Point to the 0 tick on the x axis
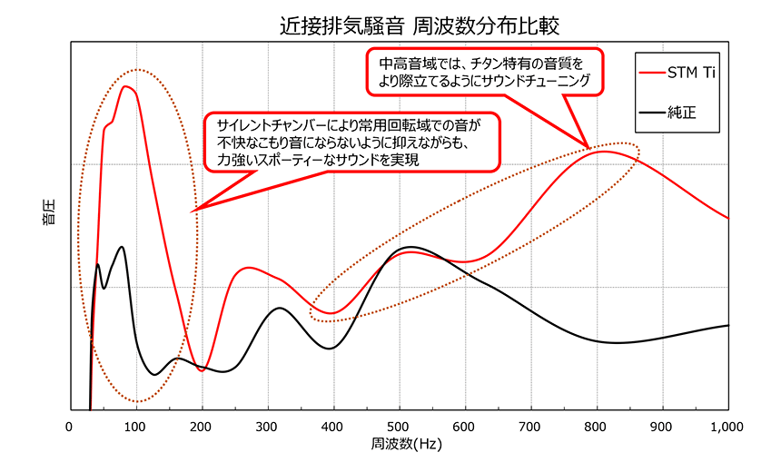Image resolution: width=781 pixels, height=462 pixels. pyautogui.click(x=70, y=427)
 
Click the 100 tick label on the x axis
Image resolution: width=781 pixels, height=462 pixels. pyautogui.click(x=135, y=427)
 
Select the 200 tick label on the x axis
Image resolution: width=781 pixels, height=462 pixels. pyautogui.click(x=202, y=427)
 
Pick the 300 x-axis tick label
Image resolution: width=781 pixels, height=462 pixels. pyautogui.click(x=267, y=427)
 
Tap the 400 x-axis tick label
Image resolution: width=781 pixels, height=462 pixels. pyautogui.click(x=333, y=427)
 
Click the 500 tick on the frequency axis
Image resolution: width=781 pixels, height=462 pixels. pyautogui.click(x=399, y=427)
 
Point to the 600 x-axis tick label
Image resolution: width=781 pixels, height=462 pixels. pyautogui.click(x=465, y=427)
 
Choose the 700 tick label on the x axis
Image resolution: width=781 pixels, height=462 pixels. pyautogui.click(x=530, y=427)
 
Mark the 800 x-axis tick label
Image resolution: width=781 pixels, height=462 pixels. pyautogui.click(x=597, y=427)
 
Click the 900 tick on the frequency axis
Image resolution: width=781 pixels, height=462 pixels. pyautogui.click(x=662, y=427)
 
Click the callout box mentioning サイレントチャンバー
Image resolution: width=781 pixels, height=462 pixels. pyautogui.click(x=352, y=141)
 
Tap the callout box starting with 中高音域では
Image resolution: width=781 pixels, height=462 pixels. pyautogui.click(x=483, y=73)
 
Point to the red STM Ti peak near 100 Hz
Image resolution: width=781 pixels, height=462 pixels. pyautogui.click(x=126, y=86)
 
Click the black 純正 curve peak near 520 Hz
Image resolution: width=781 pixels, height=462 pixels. pyautogui.click(x=411, y=247)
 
